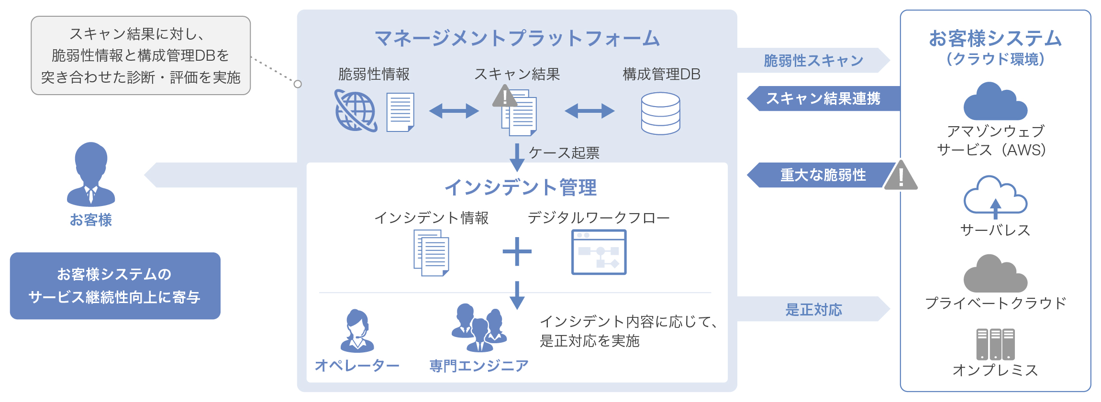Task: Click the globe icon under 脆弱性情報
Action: tap(356, 111)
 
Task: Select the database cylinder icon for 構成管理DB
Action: tap(660, 113)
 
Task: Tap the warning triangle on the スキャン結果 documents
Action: tap(504, 97)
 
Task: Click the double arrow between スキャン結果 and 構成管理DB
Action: tap(589, 111)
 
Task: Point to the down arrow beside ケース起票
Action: tap(517, 157)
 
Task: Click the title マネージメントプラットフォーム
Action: tap(517, 38)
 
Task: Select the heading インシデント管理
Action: tap(521, 187)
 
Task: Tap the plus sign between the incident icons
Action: tap(517, 251)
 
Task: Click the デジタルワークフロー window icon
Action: tap(599, 252)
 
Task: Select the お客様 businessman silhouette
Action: tap(91, 174)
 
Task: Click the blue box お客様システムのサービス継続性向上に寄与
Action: tap(115, 285)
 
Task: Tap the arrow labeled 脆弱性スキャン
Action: tap(813, 60)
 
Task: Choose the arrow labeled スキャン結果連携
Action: tap(823, 98)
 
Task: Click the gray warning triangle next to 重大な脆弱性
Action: tap(901, 176)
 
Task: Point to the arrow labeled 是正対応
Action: tap(813, 309)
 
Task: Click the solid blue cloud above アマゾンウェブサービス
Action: tap(995, 102)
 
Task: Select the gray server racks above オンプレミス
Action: tap(995, 344)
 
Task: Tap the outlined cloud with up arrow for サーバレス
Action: tap(995, 196)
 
